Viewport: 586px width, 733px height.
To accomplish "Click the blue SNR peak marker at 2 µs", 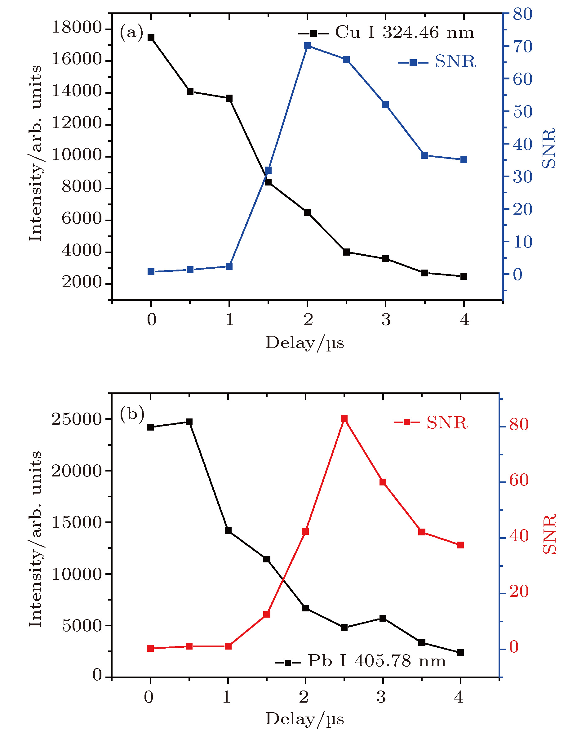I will coord(307,46).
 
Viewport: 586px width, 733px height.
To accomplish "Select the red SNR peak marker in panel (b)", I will coord(344,418).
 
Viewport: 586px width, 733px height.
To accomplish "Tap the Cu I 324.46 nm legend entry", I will coord(386,33).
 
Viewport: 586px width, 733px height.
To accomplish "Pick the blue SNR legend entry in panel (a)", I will coord(437,62).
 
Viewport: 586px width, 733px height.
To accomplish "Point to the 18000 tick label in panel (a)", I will coord(77,27).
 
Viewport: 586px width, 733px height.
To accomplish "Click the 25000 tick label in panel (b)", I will coord(77,419).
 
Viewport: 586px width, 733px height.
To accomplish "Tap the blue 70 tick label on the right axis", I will coord(522,47).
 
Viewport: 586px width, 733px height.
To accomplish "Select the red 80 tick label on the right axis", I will coord(519,425).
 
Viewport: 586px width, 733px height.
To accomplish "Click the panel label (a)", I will coord(131,33).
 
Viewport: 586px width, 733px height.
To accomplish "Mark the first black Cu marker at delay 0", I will coord(151,38).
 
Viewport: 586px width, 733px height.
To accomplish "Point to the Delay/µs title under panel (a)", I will coord(304,343).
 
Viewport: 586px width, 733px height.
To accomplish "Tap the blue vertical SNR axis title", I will coord(548,149).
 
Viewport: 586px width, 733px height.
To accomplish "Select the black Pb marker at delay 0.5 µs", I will coord(189,422).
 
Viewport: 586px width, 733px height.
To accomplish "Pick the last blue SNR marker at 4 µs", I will coord(464,160).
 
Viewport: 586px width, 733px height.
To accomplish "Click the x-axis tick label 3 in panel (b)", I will coord(381,697).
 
